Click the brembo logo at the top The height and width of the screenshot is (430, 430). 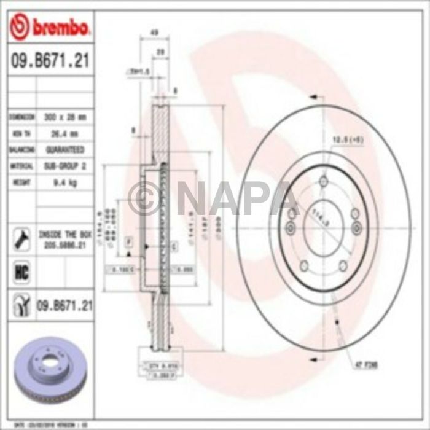pos(50,27)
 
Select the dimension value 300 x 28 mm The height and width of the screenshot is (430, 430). pos(66,117)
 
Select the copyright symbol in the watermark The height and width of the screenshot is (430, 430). pos(145,198)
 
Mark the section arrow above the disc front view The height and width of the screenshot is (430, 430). pos(315,97)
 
